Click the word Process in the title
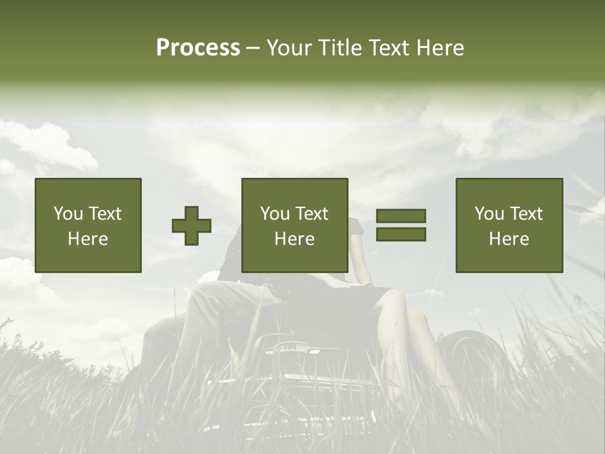click(x=198, y=48)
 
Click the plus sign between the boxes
click(x=192, y=225)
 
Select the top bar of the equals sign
click(x=401, y=216)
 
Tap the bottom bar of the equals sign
click(x=401, y=235)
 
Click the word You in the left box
click(x=68, y=214)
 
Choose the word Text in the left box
click(x=105, y=214)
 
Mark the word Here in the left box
click(x=88, y=239)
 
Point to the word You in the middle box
click(x=275, y=214)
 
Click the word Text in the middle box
click(x=311, y=214)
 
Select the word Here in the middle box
click(x=294, y=239)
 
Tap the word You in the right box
click(x=489, y=214)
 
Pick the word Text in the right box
click(x=526, y=214)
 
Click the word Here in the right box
click(x=509, y=239)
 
